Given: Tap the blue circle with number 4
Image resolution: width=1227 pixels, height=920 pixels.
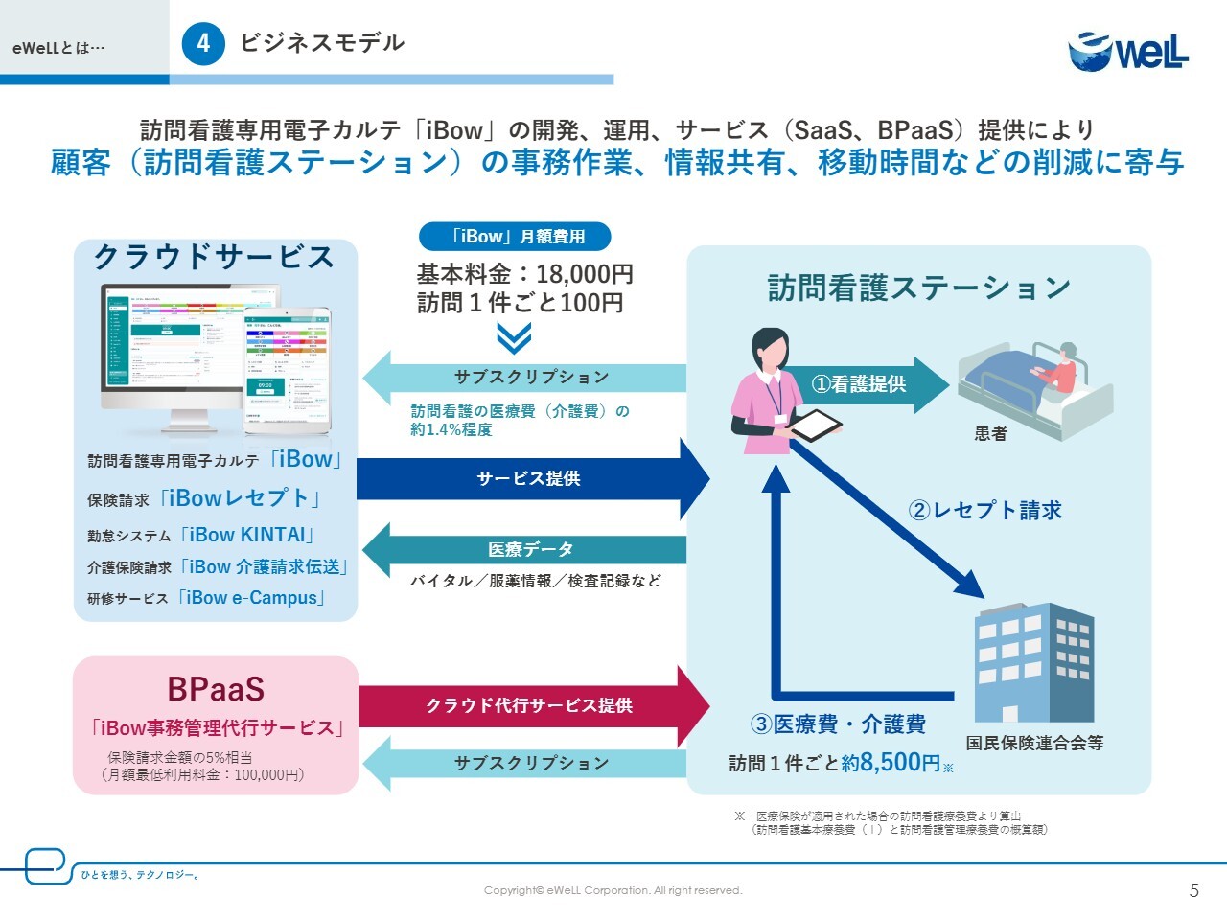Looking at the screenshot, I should [x=203, y=43].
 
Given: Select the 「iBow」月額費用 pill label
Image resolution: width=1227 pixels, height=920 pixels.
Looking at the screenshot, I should [x=515, y=237].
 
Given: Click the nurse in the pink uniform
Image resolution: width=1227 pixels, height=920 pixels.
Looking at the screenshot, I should [x=768, y=393].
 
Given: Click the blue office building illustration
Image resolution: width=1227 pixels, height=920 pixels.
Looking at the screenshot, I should [x=1033, y=661].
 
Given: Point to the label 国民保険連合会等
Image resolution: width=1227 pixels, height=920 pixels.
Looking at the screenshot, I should [x=1034, y=743].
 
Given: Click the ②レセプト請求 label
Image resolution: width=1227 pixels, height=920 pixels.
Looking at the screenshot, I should [x=985, y=510].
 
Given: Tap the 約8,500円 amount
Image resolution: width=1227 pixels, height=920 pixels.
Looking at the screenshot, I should [x=891, y=763].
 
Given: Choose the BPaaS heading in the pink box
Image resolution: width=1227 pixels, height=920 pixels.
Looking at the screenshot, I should [x=216, y=689].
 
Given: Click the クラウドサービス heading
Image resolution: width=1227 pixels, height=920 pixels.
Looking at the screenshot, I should [x=215, y=257].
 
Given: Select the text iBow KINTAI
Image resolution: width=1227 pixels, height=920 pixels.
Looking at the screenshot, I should [x=247, y=535].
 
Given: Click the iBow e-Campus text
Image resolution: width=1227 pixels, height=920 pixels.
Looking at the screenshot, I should [x=252, y=598].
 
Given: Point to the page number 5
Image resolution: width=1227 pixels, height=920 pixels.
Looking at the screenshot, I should [x=1193, y=890].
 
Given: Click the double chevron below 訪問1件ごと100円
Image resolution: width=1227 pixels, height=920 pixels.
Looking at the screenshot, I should [x=515, y=338].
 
